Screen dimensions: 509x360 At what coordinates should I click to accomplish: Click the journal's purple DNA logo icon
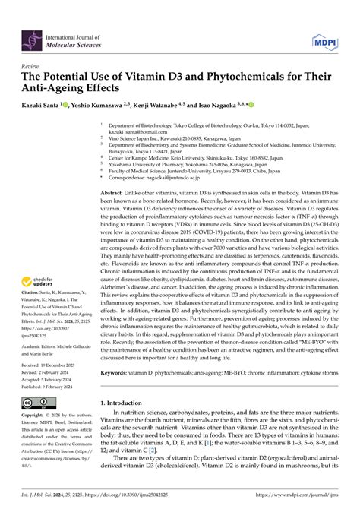coord(31,36)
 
